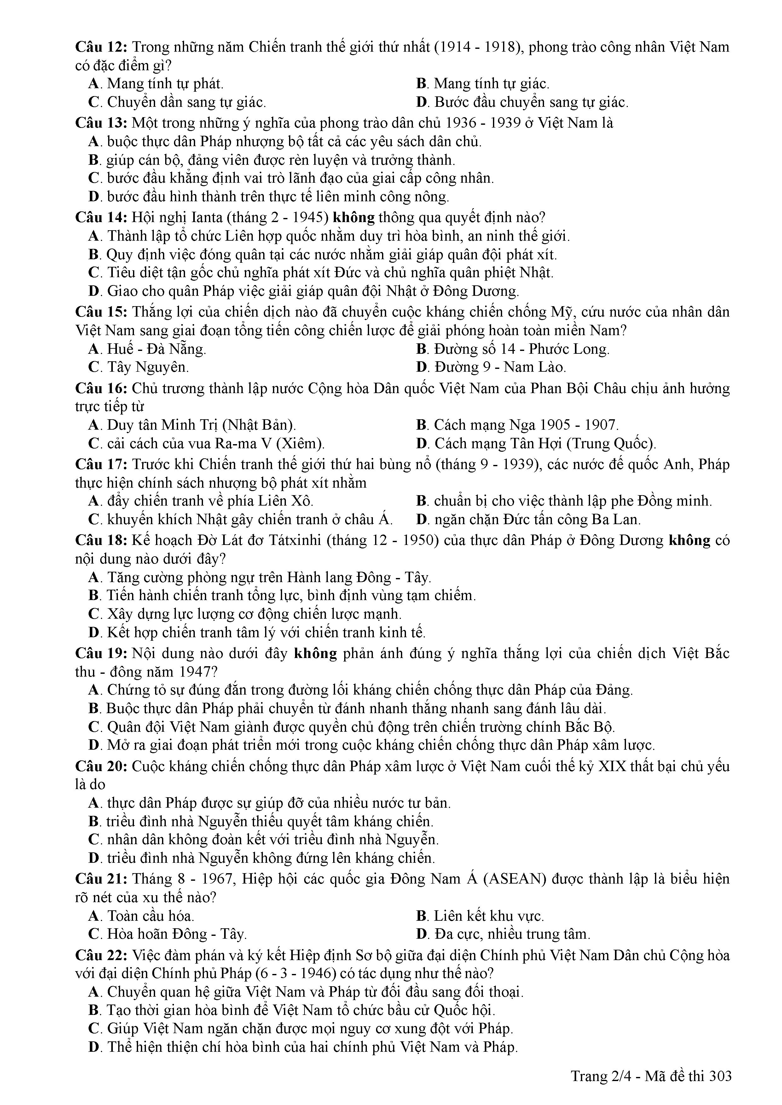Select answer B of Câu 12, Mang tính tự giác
pos(483,84)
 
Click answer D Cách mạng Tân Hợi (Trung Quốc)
pos(536,443)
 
